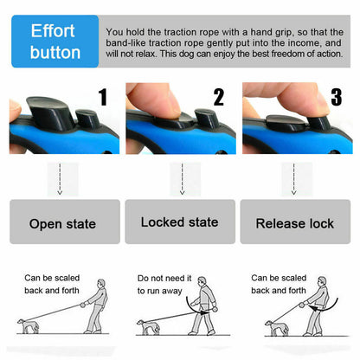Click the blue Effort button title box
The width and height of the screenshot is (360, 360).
pos(55,42)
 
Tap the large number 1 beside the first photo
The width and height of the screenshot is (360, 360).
pos(103,97)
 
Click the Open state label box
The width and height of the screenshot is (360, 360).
pos(63,223)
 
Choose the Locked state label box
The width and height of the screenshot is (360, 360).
pos(179,222)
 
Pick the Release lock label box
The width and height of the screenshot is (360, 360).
pos(294,223)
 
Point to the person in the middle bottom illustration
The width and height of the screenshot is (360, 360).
pos(203,312)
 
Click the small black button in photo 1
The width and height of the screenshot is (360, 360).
pos(87,118)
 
